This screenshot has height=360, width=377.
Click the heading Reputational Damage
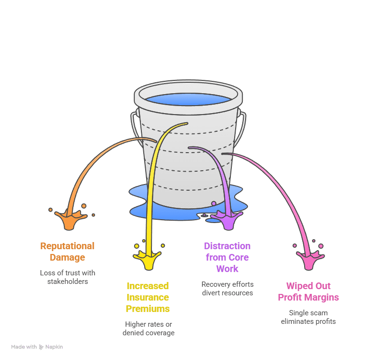pos(67,252)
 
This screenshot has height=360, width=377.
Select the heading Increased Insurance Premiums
pos(148,297)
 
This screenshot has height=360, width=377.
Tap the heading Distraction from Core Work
pos(227,257)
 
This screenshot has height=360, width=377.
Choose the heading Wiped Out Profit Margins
pos(308,292)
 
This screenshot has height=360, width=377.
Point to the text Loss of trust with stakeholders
pos(67,277)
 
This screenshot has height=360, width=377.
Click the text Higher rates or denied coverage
pos(149,328)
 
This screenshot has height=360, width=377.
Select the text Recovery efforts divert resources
pos(227,288)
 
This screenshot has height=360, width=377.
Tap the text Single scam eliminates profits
pos(308,317)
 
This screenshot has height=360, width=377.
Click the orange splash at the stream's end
pos(70,219)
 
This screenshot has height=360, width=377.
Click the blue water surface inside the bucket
pos(188,99)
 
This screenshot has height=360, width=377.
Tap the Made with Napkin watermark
pos(37,347)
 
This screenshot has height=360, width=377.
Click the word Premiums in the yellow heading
pos(148,309)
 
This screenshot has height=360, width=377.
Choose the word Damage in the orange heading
pos(67,257)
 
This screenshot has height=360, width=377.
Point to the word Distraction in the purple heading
pos(227,246)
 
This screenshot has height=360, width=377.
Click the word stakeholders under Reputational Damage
pos(67,281)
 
